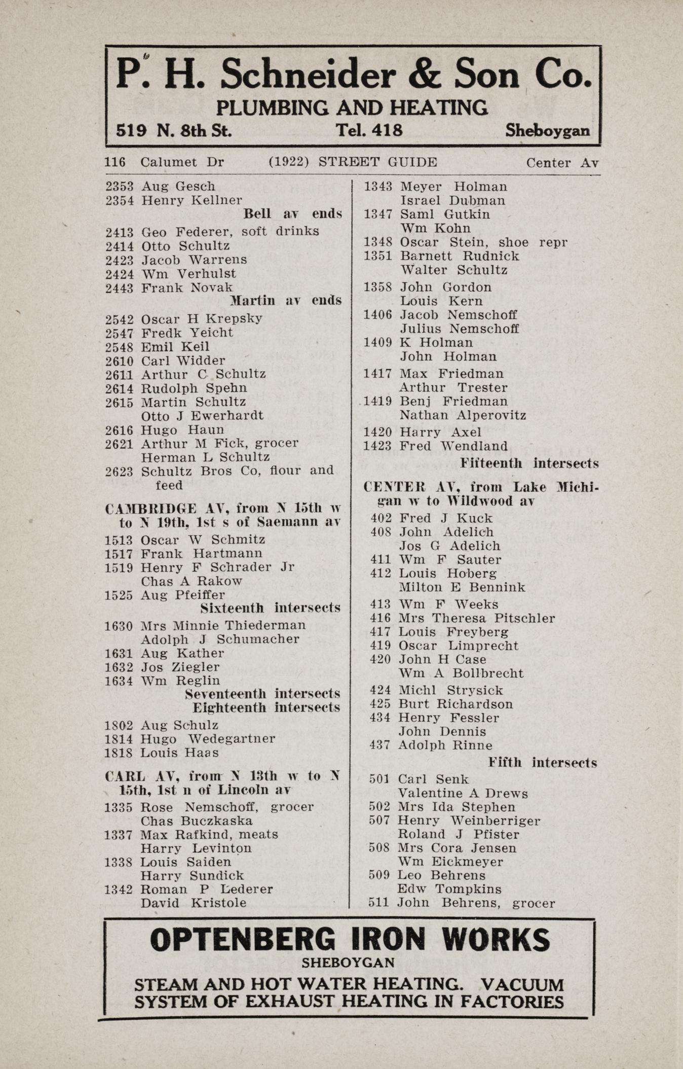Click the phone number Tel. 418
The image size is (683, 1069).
369,130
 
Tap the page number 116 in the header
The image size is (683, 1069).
115,162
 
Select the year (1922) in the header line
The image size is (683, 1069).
289,162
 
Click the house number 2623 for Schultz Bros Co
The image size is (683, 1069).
119,471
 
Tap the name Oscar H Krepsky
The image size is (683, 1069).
201,319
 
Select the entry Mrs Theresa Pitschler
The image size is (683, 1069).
476,618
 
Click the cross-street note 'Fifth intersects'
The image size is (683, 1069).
542,763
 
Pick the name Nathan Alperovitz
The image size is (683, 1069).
463,415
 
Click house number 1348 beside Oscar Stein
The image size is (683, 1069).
378,242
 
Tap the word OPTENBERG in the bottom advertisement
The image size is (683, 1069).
243,940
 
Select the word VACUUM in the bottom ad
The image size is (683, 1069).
522,984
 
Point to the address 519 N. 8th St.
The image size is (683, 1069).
174,131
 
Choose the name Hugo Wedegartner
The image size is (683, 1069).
208,739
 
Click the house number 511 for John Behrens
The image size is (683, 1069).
378,903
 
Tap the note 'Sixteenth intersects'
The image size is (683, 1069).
270,608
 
